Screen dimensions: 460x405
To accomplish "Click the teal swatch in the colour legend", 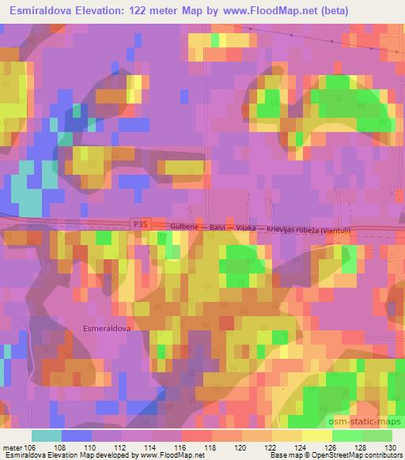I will point(47,435).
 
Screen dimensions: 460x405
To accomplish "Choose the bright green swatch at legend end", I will point(377,435).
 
